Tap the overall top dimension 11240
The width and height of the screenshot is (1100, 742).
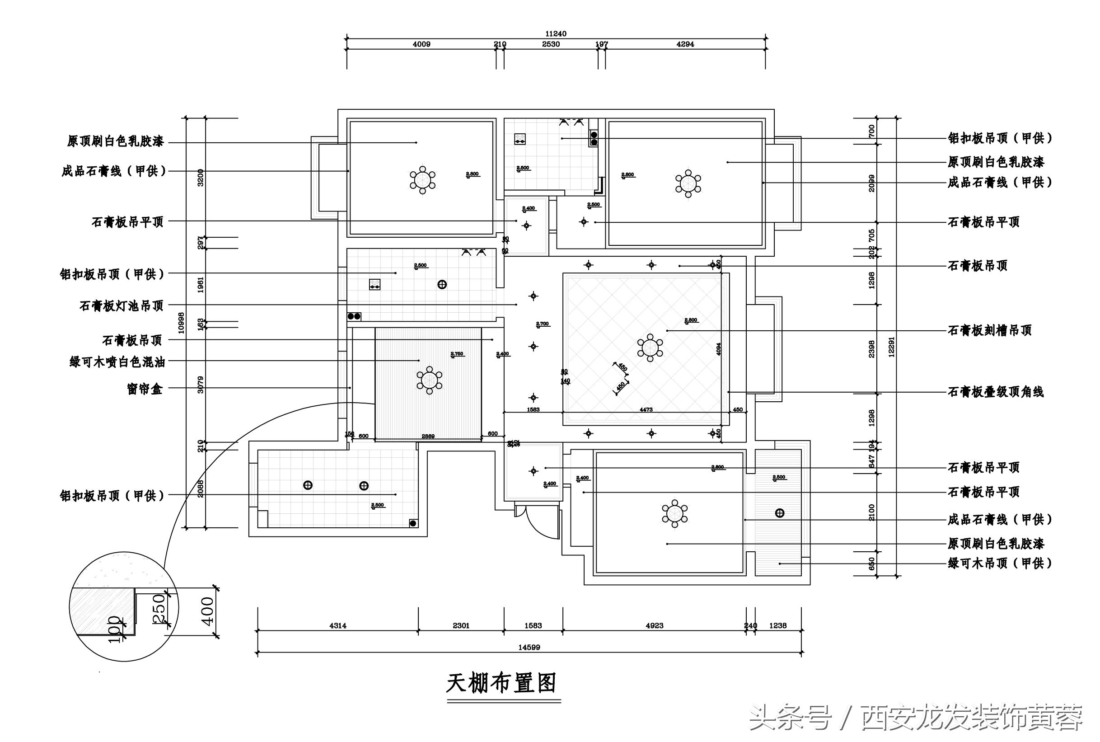[556, 33]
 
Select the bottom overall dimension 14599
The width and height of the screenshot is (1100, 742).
[529, 647]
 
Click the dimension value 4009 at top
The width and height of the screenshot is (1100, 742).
[421, 44]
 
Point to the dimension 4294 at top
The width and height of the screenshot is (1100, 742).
[685, 44]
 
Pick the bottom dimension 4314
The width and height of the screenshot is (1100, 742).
[337, 625]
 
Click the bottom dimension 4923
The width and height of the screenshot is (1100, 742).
[655, 625]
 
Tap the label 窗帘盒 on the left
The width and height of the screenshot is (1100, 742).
[145, 389]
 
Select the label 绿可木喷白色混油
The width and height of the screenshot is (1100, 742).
[117, 362]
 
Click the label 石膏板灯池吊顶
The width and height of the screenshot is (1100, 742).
[122, 305]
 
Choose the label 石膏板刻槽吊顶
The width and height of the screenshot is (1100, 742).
[989, 330]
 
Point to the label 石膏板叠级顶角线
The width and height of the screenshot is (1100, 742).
[996, 392]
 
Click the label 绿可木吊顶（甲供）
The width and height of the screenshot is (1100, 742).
[999, 563]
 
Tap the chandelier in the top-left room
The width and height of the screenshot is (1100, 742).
[422, 180]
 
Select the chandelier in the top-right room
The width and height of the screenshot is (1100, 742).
[688, 183]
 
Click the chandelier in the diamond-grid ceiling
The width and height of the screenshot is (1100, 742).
[650, 348]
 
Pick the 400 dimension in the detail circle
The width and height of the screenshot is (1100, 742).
[207, 611]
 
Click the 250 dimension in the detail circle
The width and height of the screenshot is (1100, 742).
[159, 609]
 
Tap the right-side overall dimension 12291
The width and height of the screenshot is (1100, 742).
[891, 347]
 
